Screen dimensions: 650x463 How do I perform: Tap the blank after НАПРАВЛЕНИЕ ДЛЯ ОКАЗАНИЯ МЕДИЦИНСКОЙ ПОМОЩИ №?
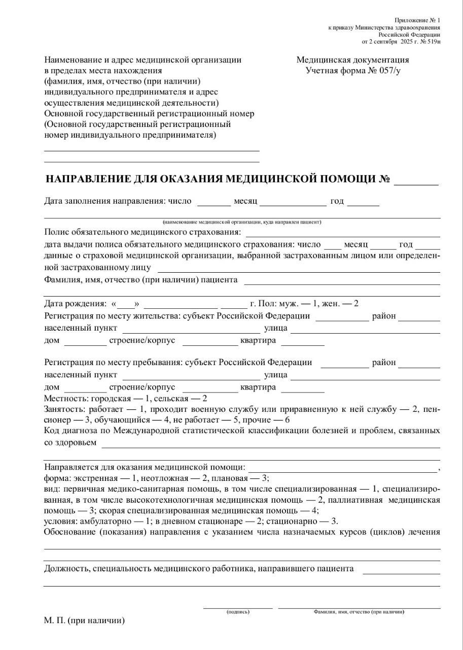[x=416, y=181]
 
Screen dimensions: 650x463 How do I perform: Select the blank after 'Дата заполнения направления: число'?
[x=213, y=202]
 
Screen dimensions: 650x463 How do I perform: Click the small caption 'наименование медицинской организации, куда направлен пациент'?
[x=242, y=222]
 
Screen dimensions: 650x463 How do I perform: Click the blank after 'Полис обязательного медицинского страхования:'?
[x=343, y=233]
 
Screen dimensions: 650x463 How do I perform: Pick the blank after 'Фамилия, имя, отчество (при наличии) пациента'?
[x=342, y=280]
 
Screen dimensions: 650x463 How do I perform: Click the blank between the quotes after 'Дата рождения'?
[x=127, y=304]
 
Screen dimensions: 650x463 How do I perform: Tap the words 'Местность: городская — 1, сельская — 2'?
[x=126, y=399]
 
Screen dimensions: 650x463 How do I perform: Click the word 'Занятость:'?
[x=65, y=409]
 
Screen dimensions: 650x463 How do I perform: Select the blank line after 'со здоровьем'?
[x=271, y=443]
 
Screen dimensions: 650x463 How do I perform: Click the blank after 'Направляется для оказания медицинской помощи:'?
[x=342, y=468]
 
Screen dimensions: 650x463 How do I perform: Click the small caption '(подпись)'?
[x=238, y=612]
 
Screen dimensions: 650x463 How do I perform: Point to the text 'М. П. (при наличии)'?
[x=84, y=621]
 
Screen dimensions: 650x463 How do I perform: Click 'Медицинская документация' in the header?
[x=352, y=60]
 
